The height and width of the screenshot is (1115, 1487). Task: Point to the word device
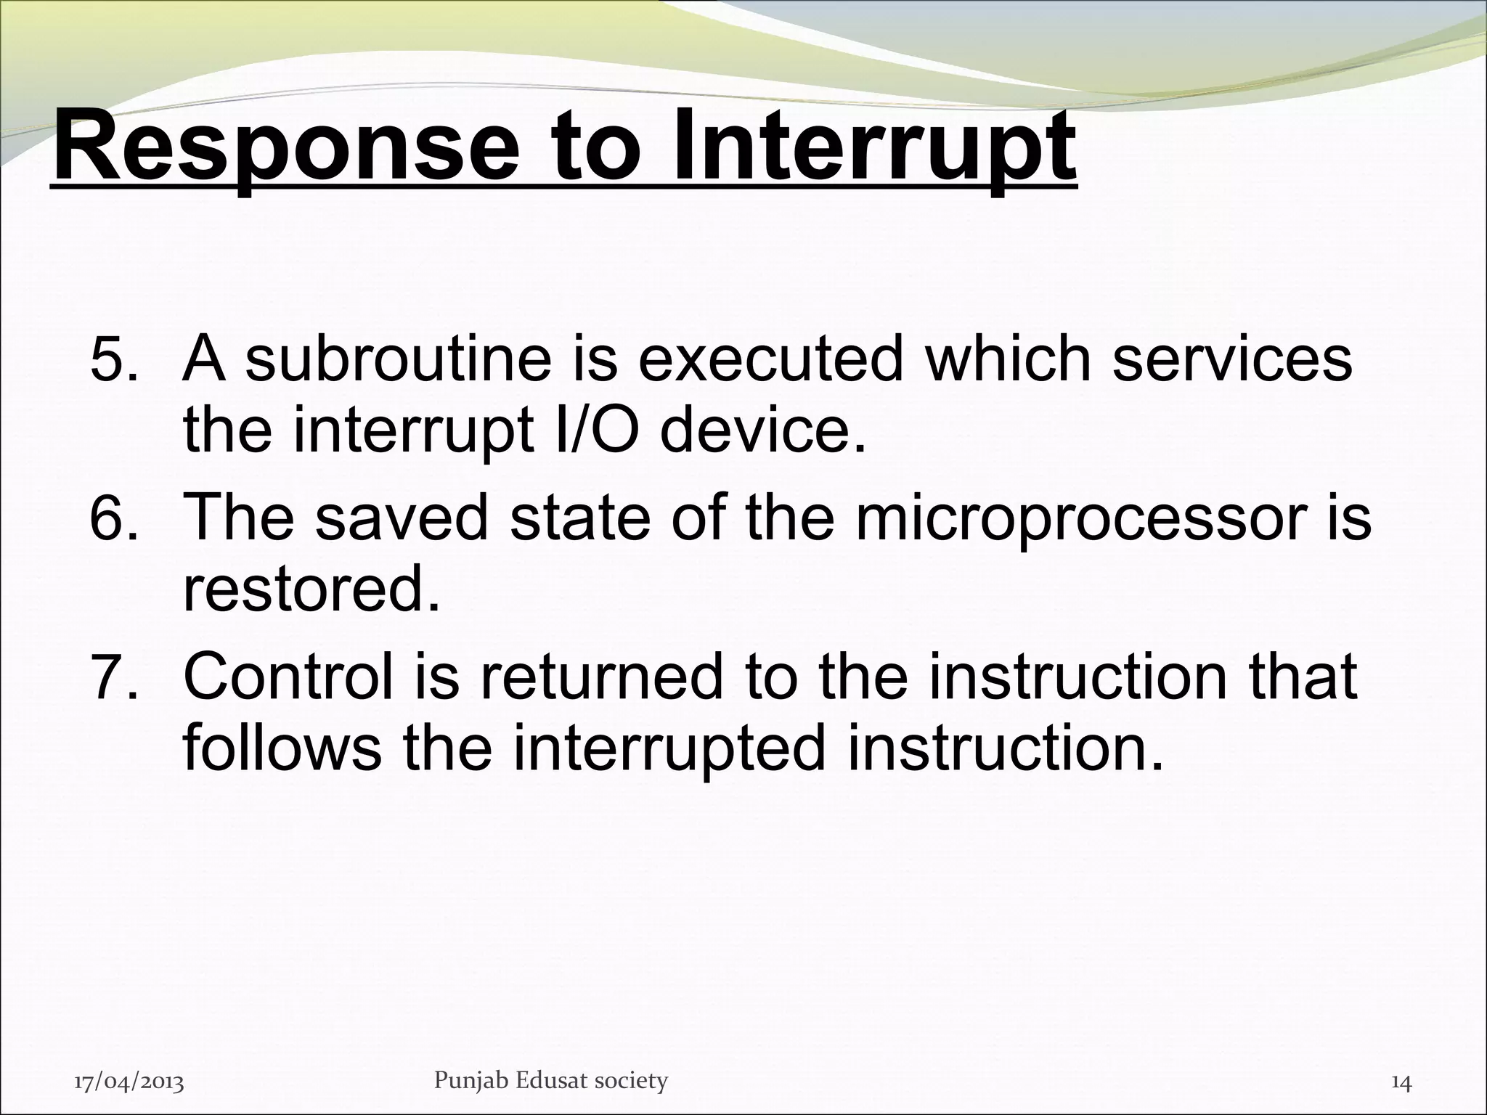(x=763, y=431)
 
